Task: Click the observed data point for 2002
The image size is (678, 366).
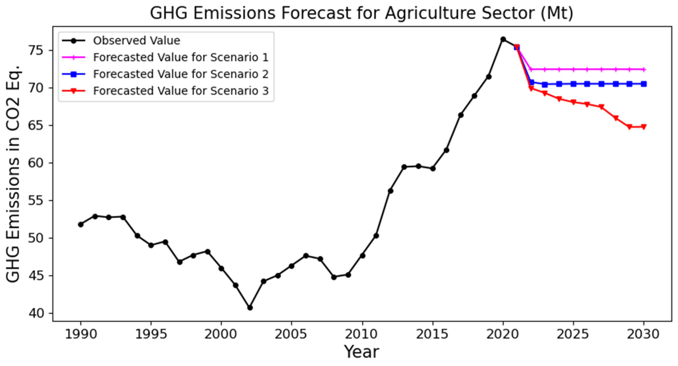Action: click(x=250, y=307)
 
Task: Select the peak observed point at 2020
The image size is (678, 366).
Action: click(x=503, y=39)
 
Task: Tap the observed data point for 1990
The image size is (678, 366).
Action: click(x=81, y=224)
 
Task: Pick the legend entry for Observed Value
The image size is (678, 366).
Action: click(x=136, y=41)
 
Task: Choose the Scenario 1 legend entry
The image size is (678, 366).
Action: click(x=181, y=57)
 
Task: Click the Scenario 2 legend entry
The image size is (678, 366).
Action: click(x=181, y=74)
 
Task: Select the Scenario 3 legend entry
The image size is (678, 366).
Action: click(x=181, y=91)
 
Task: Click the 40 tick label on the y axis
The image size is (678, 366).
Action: click(x=37, y=313)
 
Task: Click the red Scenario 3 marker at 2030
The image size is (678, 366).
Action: click(x=643, y=127)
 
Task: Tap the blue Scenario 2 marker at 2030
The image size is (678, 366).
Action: click(x=643, y=84)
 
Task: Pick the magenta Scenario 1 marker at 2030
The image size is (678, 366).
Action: click(x=643, y=69)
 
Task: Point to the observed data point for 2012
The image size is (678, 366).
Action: click(x=391, y=191)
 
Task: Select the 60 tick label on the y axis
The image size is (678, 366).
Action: click(x=37, y=163)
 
